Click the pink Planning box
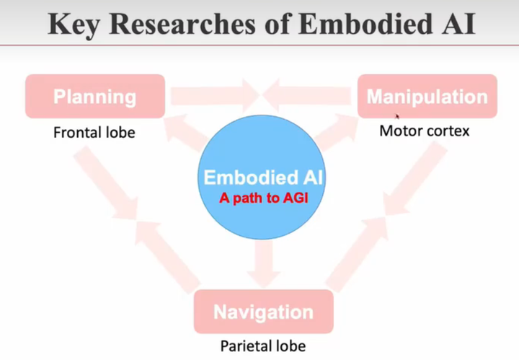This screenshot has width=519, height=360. point(94,97)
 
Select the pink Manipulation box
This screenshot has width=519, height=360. point(427,97)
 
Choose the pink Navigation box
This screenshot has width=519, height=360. point(263,312)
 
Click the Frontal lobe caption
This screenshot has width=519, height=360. point(94,133)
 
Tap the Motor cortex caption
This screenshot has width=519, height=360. point(425,131)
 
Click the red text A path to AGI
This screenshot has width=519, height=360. point(263,197)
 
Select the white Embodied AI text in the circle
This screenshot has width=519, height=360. point(263,177)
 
